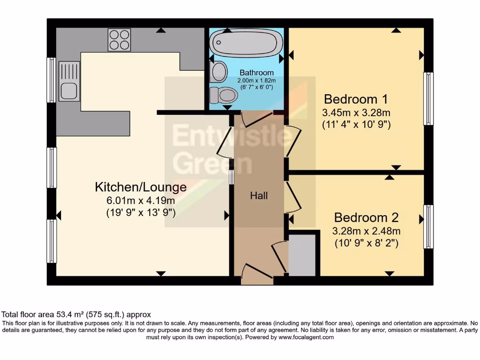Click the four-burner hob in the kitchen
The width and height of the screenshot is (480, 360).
[119, 39]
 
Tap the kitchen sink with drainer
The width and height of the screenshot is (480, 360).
[69, 82]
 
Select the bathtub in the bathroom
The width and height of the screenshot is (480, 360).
[246, 43]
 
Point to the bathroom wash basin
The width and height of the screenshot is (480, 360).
[218, 71]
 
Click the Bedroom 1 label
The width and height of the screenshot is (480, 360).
[357, 99]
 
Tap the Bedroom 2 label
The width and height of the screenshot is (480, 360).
[366, 217]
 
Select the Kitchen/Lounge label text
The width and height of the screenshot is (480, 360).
[141, 187]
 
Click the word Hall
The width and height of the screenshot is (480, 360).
[259, 196]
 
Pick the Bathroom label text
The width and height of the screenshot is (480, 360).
[256, 73]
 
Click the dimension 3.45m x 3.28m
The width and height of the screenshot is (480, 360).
[356, 113]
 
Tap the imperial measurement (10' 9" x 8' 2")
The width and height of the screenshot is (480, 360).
[366, 243]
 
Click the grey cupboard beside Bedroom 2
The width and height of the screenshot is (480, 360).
[302, 255]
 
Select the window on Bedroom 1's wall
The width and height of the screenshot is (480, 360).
[428, 98]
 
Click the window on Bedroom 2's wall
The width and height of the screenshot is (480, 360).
[428, 226]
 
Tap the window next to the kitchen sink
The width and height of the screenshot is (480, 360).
[51, 80]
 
